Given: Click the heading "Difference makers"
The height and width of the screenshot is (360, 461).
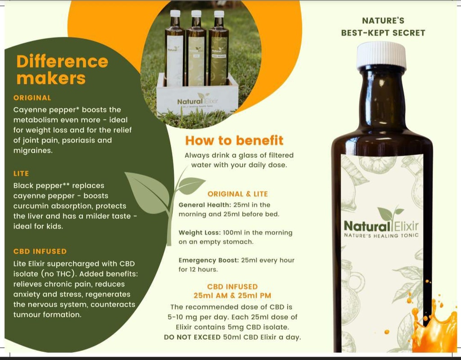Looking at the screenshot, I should pyautogui.click(x=62, y=69).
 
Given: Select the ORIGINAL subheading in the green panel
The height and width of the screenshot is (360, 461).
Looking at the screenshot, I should pyautogui.click(x=32, y=98).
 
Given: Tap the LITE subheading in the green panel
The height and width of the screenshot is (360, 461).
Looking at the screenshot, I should pyautogui.click(x=21, y=173).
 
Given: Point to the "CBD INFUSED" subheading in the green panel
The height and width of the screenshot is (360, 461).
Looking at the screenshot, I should pyautogui.click(x=40, y=251).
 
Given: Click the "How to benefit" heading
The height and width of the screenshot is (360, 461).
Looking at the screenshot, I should pyautogui.click(x=234, y=141).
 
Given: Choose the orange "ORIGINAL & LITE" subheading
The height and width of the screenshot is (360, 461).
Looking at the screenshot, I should pyautogui.click(x=237, y=194).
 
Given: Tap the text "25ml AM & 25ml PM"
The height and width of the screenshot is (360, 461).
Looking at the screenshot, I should pyautogui.click(x=232, y=296).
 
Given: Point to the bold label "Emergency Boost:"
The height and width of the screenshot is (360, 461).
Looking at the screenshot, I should pyautogui.click(x=206, y=260).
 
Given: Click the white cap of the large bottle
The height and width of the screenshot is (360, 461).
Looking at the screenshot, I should pyautogui.click(x=381, y=55).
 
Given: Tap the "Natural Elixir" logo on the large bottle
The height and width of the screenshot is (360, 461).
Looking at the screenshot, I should pyautogui.click(x=381, y=225).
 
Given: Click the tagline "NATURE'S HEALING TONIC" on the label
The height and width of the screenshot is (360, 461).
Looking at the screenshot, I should pyautogui.click(x=381, y=236).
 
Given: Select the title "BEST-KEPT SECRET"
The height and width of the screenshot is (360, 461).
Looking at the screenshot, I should pyautogui.click(x=383, y=33).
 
